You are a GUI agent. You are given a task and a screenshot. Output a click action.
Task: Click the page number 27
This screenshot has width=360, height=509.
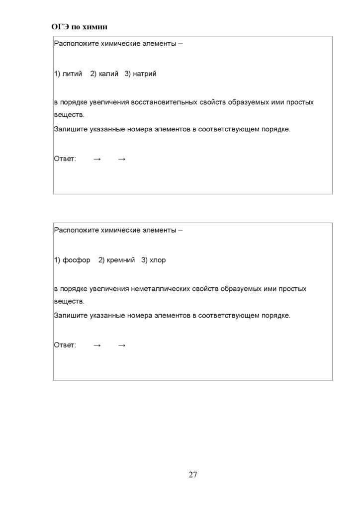[x=193, y=475]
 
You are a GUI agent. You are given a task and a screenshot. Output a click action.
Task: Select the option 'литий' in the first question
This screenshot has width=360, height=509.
[x=72, y=74]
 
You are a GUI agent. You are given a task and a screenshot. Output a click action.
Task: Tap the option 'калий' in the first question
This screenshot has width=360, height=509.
[x=108, y=74]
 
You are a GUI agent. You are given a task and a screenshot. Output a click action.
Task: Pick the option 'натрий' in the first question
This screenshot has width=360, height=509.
[x=144, y=74]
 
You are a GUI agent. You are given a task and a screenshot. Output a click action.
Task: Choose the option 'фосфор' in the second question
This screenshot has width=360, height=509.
[x=76, y=260]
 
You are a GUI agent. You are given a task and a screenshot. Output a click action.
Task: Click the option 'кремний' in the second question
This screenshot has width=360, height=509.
[x=121, y=260]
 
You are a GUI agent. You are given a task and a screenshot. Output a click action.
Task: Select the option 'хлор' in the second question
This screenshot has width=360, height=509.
[x=158, y=260]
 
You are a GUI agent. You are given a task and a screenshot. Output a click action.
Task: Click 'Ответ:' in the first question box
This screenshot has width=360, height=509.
[x=65, y=159]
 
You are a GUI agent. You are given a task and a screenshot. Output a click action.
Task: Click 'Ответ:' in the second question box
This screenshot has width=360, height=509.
[x=65, y=345]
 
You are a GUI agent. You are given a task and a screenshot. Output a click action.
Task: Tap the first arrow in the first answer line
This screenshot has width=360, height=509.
[x=97, y=159]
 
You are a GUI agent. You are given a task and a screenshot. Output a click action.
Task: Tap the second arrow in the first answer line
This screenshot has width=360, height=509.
[x=122, y=159]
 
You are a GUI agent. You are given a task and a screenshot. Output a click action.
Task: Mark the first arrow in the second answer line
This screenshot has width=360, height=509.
[x=97, y=345]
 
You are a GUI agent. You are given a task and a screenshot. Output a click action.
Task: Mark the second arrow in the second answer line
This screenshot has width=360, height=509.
[x=122, y=345]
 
